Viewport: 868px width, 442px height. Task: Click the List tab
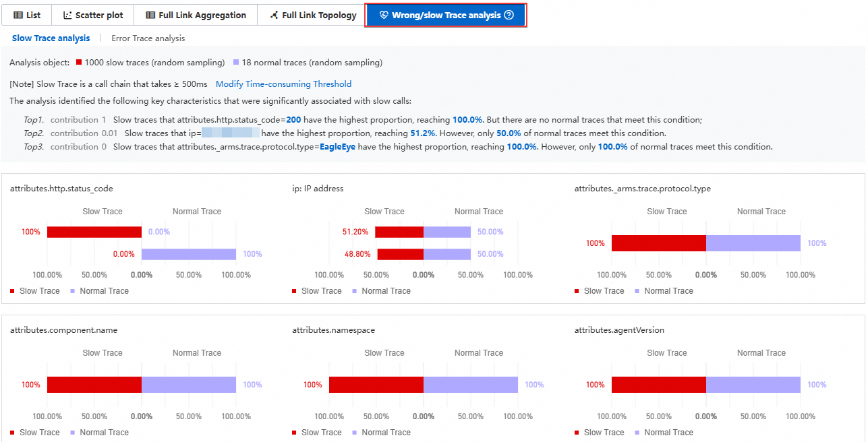pos(27,15)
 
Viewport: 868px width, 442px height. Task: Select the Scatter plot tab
pos(93,15)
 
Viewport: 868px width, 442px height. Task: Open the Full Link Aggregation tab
pos(196,15)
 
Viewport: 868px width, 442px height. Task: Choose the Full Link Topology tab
pos(313,15)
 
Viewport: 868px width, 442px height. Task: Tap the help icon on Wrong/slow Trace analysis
pos(509,15)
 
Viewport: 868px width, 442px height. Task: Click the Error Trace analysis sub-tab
pos(148,38)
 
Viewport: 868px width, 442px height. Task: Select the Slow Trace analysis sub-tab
pos(51,38)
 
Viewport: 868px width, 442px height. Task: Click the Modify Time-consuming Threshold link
pos(283,84)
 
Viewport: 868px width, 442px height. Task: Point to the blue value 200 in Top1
pos(293,120)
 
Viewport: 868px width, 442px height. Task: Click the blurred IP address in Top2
pos(231,133)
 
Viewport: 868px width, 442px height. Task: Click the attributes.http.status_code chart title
pos(61,189)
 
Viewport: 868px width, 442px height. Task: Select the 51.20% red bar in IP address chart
pos(399,232)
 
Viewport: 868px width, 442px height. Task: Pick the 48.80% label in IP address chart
pos(355,254)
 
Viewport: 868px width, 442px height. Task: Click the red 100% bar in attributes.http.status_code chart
pos(94,232)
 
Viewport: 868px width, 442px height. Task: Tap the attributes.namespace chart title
pos(333,330)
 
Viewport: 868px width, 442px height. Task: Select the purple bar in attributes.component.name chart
pos(189,385)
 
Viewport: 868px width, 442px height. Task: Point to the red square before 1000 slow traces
pos(79,63)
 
